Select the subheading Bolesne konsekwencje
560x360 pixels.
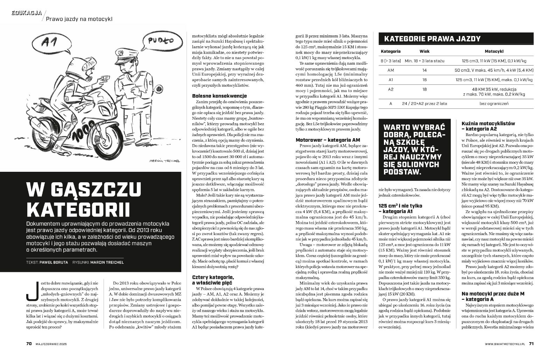coord(220,96)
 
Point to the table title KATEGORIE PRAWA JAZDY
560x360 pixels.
coord(432,39)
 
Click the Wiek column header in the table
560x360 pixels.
coord(424,51)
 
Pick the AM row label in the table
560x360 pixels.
coord(391,70)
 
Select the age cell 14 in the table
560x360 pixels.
coord(424,70)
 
